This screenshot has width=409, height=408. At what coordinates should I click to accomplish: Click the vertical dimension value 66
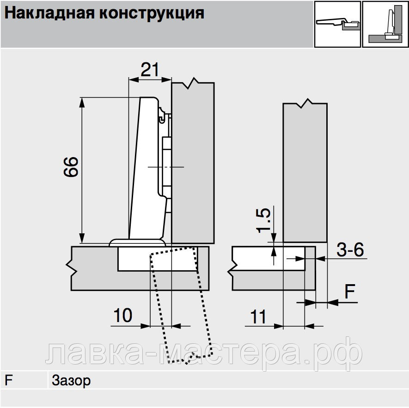pos(71,167)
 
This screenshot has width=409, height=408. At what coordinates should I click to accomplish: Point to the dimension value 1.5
pos(264,220)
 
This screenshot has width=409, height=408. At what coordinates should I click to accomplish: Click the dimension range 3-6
pos(350,250)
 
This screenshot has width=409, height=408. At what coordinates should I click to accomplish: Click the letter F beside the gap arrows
pos(350,291)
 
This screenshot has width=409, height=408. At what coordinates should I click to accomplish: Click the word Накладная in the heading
pos(49,13)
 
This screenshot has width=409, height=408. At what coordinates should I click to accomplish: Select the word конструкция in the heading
pos(152,13)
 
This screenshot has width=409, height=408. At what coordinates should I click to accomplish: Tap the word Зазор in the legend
pos(71,381)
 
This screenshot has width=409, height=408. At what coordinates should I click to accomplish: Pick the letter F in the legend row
pos(8,380)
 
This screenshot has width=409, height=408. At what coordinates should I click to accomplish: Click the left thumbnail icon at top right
pos(337,24)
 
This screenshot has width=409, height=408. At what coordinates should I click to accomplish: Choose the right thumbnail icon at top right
pos(385,24)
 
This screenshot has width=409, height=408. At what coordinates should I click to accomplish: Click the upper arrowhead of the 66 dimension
pos(82,102)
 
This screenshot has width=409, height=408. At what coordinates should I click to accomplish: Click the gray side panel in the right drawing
pos(305,172)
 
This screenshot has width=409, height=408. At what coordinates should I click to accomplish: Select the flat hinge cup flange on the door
pos(137,243)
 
